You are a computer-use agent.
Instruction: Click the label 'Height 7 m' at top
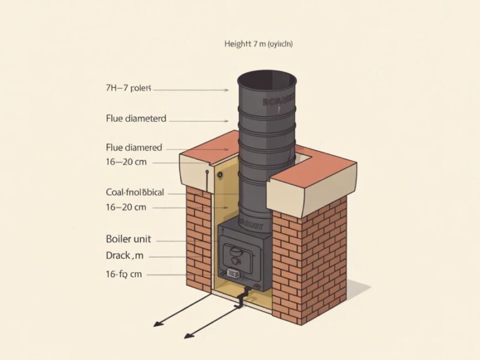[x=258, y=44]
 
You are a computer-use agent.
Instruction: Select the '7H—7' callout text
[x=129, y=89]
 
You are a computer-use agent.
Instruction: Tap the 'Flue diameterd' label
[x=136, y=117]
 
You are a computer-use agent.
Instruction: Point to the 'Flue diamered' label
[x=134, y=148]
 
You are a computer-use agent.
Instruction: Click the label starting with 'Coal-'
[x=136, y=192]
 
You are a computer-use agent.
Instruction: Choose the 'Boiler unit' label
[x=129, y=239]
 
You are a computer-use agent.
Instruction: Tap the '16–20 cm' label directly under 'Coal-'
[x=126, y=206]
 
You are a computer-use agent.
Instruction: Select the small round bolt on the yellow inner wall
[x=220, y=175]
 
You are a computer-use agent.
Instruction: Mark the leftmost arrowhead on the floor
[x=156, y=325]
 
